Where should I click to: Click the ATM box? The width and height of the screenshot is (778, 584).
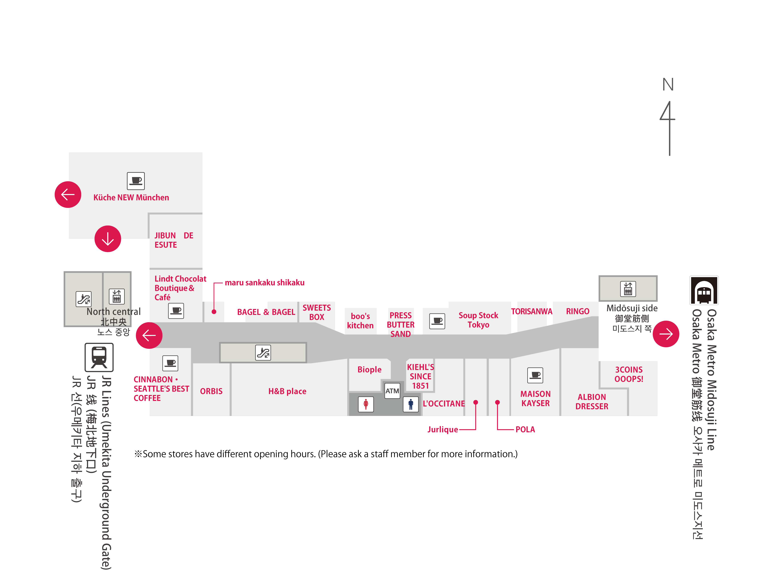click(x=392, y=391)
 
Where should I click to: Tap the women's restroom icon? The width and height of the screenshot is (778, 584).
click(x=366, y=404)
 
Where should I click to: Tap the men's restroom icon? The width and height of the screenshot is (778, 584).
click(x=410, y=404)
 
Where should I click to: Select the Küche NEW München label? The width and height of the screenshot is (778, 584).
click(x=131, y=197)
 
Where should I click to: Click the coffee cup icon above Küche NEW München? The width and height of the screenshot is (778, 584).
click(x=136, y=181)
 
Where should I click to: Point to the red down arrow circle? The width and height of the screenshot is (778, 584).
click(x=108, y=239)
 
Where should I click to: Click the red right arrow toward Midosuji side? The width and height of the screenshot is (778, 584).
click(x=666, y=334)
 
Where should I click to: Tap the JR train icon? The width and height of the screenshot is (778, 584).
click(x=99, y=357)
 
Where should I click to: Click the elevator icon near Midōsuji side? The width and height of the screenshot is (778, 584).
click(x=628, y=289)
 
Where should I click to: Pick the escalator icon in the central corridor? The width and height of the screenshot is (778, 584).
click(x=263, y=352)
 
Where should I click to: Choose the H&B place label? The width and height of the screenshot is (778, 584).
click(x=287, y=391)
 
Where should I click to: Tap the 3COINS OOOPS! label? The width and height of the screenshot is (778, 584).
click(x=628, y=374)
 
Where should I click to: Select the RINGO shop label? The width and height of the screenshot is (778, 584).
click(x=577, y=311)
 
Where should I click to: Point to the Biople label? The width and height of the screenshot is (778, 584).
click(x=369, y=369)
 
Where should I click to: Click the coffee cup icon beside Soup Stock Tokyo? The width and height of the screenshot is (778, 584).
click(x=437, y=321)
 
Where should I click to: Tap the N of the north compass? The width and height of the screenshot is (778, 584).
click(x=668, y=84)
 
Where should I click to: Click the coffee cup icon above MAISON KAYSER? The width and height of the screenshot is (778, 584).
click(x=535, y=375)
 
